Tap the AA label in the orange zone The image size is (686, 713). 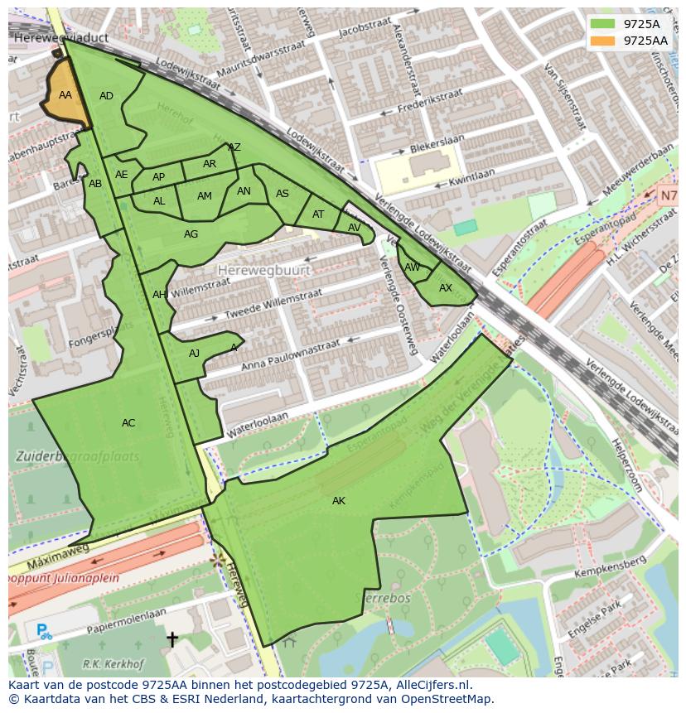[65, 95]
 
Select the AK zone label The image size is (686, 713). [339, 501]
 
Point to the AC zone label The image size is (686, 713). [128, 423]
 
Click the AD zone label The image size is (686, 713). [106, 96]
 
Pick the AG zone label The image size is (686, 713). [191, 234]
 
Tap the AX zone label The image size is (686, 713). [446, 288]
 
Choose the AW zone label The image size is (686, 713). [412, 267]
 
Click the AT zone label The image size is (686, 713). [318, 214]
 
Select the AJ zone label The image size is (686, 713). [195, 354]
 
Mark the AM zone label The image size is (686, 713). [205, 196]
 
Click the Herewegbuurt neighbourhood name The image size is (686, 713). [263, 270]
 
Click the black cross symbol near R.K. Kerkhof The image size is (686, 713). [172, 638]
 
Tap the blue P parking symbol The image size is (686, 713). [42, 632]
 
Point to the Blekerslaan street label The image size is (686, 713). [436, 150]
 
